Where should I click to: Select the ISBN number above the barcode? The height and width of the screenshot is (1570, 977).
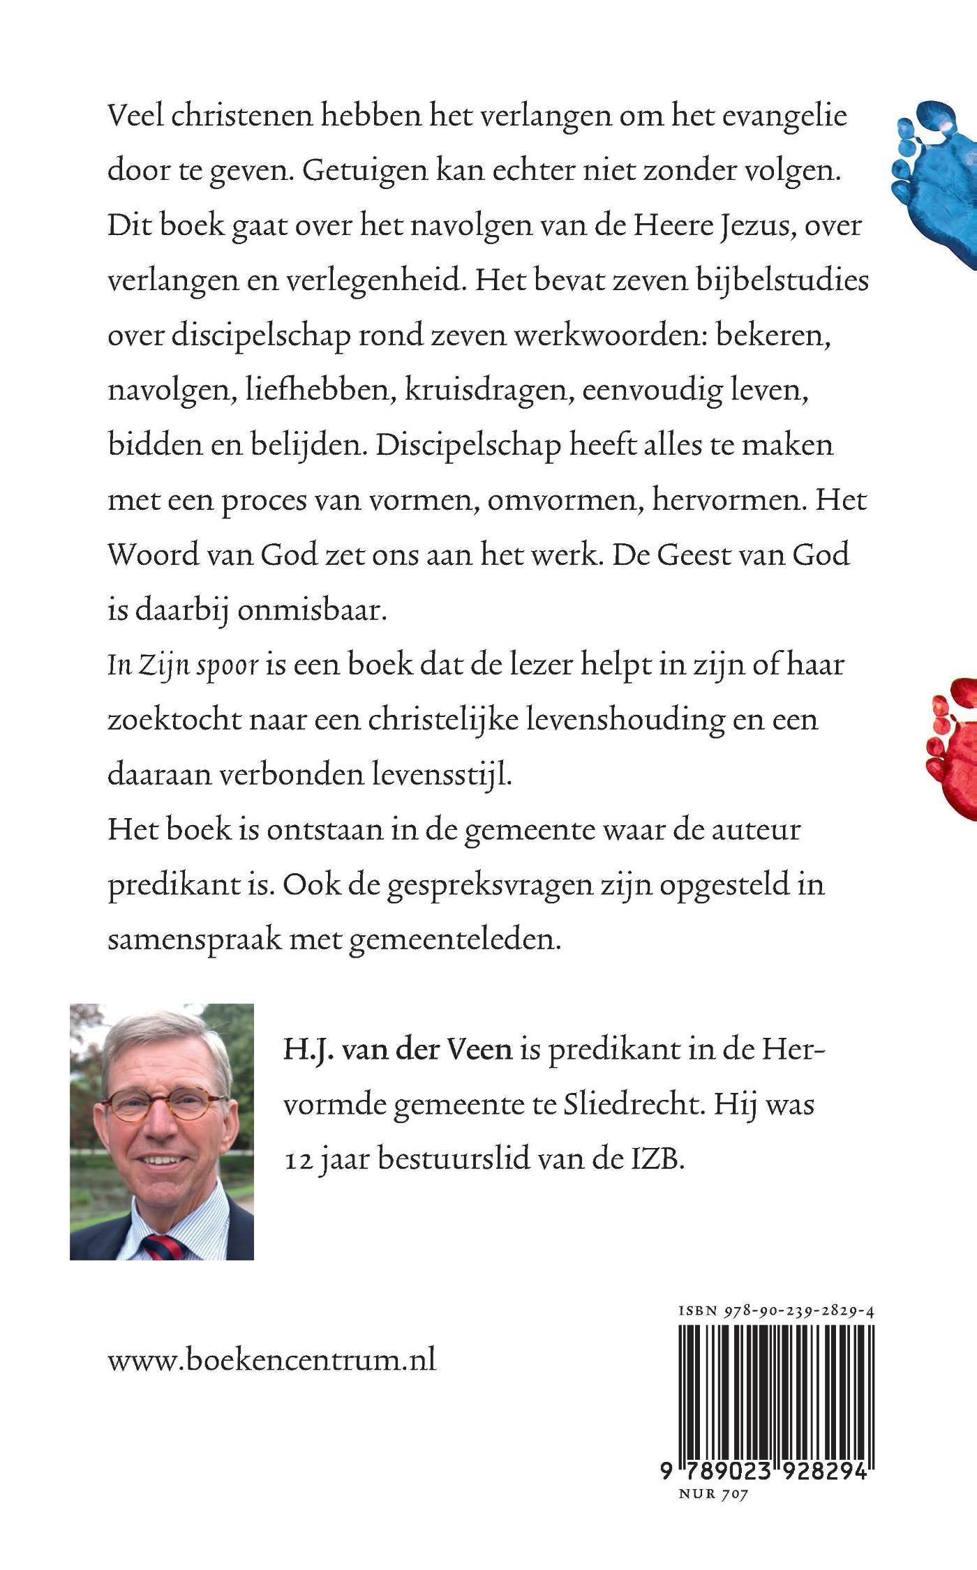pyautogui.click(x=777, y=1311)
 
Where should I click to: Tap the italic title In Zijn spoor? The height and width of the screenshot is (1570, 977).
pyautogui.click(x=184, y=664)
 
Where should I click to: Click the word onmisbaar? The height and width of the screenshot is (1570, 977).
pyautogui.click(x=311, y=610)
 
